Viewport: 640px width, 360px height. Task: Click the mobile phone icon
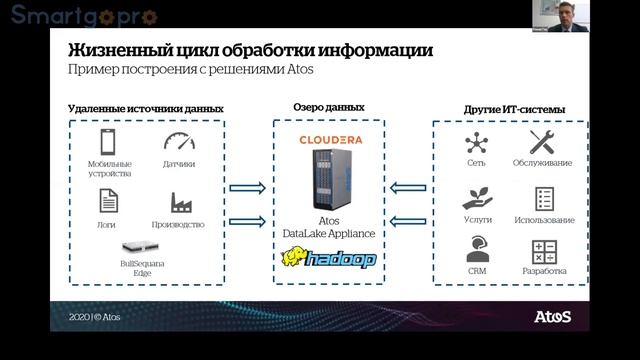coord(109,141)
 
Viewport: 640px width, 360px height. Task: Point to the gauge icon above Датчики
coord(179,141)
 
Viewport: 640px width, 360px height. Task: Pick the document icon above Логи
coord(109,201)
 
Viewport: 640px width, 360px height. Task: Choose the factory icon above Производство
coord(179,203)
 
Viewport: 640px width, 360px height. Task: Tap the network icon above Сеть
coord(476,141)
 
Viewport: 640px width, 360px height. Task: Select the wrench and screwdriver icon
coord(542,141)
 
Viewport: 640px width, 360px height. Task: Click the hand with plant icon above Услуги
coord(476,197)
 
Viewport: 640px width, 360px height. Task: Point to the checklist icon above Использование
coord(544,198)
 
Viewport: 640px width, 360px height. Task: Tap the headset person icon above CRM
coord(477,250)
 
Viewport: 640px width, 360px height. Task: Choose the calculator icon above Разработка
coord(544,251)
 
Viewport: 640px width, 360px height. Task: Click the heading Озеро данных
coord(328,106)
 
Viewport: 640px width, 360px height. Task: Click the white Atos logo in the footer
coord(553,317)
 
